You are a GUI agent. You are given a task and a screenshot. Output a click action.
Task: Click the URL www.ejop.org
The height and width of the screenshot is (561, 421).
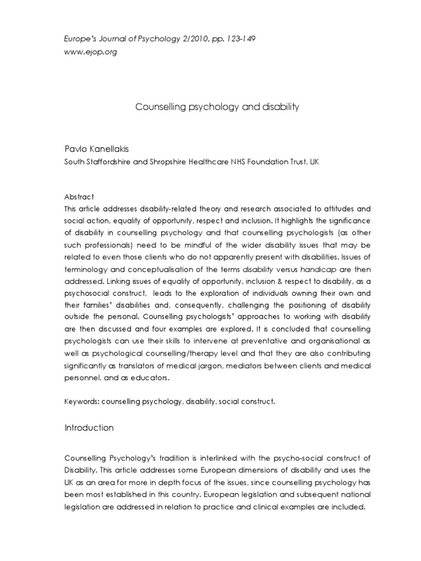pyautogui.click(x=91, y=52)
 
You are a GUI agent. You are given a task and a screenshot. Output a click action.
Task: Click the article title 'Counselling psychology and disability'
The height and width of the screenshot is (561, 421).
pyautogui.click(x=217, y=107)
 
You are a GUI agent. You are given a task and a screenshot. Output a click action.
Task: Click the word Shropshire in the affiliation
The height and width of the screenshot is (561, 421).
pyautogui.click(x=168, y=162)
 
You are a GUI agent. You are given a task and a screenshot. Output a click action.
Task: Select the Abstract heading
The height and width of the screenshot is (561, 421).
pyautogui.click(x=79, y=197)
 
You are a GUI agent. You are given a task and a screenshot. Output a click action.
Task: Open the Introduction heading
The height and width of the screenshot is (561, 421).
pyautogui.click(x=89, y=428)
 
